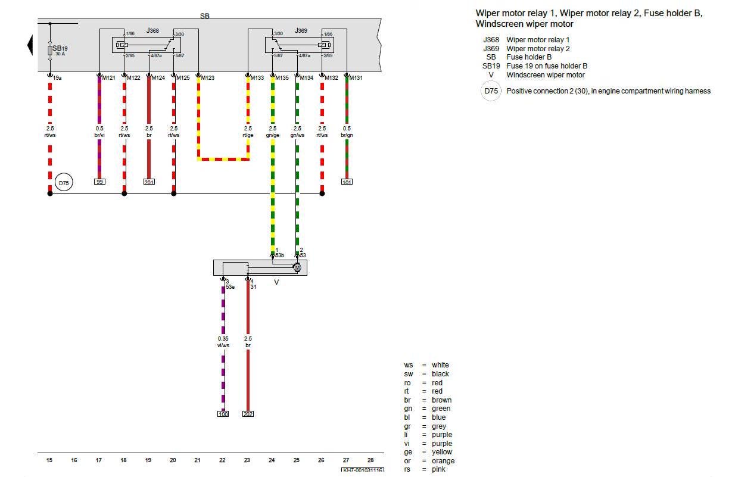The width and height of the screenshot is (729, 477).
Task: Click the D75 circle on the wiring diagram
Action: pyautogui.click(x=64, y=183)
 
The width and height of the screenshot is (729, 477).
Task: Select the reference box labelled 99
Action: pyautogui.click(x=99, y=181)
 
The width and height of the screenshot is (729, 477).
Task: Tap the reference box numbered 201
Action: pyautogui.click(x=149, y=182)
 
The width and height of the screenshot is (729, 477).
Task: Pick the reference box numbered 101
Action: pyautogui.click(x=347, y=182)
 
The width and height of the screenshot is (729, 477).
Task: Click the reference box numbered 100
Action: pyautogui.click(x=223, y=413)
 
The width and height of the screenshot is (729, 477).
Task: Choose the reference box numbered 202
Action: pyautogui.click(x=248, y=413)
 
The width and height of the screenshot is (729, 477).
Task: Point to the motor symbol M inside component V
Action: pyautogui.click(x=297, y=268)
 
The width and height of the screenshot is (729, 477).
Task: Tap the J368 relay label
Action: pyautogui.click(x=153, y=30)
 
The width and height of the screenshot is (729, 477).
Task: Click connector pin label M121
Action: pyautogui.click(x=108, y=78)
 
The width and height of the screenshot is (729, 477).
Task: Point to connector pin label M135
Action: pyautogui.click(x=282, y=78)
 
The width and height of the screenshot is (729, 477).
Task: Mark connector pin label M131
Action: pyautogui.click(x=356, y=78)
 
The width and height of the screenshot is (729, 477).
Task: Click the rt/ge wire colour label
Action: pyautogui.click(x=248, y=135)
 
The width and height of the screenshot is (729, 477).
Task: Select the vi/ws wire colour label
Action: pyautogui.click(x=223, y=345)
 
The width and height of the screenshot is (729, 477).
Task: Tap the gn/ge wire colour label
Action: pyautogui.click(x=273, y=135)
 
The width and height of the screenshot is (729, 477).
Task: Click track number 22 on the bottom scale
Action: pyautogui.click(x=222, y=460)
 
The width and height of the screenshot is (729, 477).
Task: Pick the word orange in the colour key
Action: pyautogui.click(x=443, y=461)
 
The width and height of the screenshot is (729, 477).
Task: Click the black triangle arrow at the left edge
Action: pyautogui.click(x=30, y=45)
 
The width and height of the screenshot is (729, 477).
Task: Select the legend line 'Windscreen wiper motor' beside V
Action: pyautogui.click(x=545, y=75)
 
